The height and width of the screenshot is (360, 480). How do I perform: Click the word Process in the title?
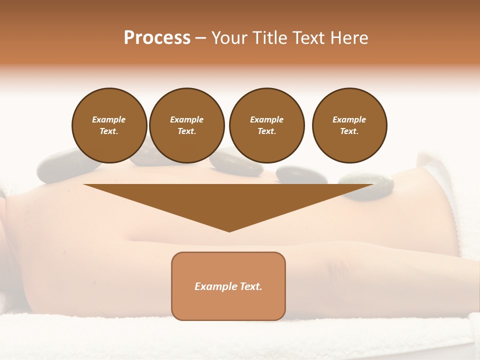click(x=157, y=38)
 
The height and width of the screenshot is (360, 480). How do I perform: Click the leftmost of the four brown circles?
click(x=109, y=125)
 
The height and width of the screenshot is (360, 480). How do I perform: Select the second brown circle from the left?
click(x=186, y=125)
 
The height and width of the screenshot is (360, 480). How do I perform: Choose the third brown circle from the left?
click(x=266, y=125)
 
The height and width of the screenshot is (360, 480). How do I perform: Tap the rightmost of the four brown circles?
click(x=349, y=125)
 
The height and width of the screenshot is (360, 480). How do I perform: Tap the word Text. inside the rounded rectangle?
click(x=249, y=286)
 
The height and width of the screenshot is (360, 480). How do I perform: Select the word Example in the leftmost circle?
click(x=109, y=119)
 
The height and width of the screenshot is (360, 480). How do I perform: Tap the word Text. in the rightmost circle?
click(x=349, y=131)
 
